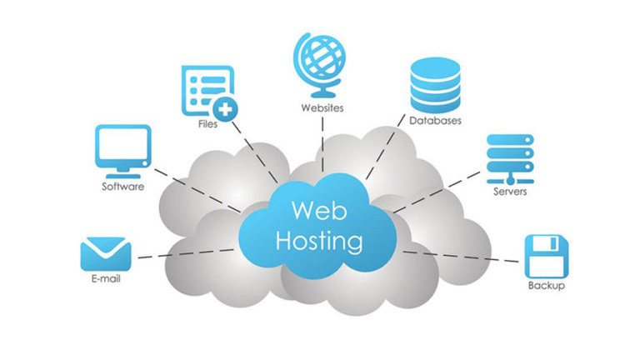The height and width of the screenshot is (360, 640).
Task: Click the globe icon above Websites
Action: point(322,59)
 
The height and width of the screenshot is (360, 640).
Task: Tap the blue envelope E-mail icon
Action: point(106,252)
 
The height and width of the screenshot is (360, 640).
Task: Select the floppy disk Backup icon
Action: point(546,256)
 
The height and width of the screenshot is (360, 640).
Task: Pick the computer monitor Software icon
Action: point(123,149)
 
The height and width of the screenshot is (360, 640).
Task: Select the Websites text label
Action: point(322,108)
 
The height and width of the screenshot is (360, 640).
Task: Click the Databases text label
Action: point(435,122)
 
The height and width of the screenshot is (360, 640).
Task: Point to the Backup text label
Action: point(546,287)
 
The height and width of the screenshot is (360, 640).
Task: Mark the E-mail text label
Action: point(105,279)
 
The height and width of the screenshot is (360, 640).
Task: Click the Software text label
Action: point(122,187)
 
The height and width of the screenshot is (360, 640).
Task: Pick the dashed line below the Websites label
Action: point(322,146)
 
